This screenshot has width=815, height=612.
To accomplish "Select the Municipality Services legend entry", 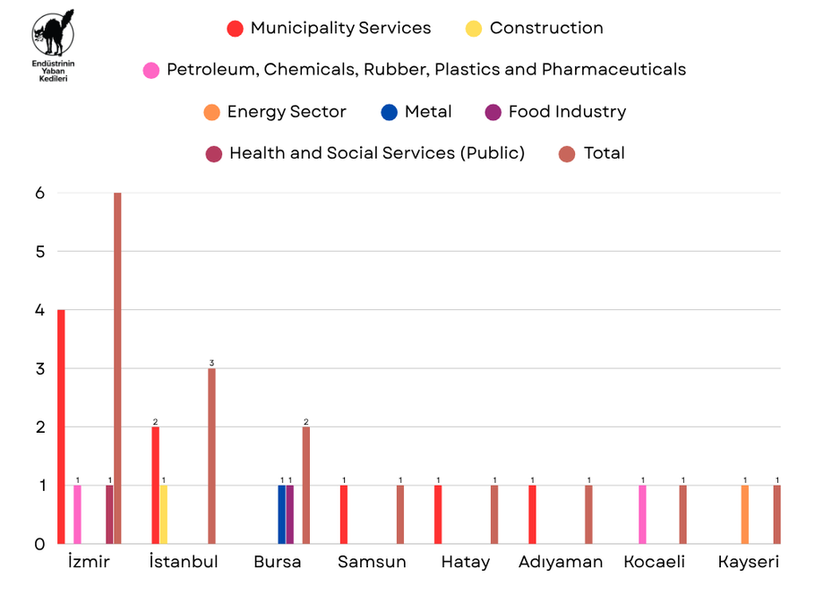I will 329,29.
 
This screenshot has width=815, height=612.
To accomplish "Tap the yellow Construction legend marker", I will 474,29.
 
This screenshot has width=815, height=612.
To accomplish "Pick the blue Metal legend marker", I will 389,112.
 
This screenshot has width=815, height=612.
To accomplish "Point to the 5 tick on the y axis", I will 39,252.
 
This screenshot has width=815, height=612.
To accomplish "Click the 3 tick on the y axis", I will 39,369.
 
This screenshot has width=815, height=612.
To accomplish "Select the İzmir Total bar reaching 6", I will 117,367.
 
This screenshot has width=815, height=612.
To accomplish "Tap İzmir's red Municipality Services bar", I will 61,427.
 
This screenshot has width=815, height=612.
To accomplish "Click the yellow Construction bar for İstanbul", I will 163,514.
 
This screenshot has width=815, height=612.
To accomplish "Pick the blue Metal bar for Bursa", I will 281,514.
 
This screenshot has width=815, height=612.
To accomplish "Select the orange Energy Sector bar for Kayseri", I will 744,514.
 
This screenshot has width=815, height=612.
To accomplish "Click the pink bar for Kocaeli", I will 642,514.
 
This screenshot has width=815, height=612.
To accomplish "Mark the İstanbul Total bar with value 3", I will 211,456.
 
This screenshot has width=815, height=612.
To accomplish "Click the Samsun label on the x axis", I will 372,563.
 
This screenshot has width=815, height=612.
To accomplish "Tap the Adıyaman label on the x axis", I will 561,563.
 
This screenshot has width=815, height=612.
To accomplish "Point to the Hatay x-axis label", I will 466,563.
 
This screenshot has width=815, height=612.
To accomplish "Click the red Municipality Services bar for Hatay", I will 438,514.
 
